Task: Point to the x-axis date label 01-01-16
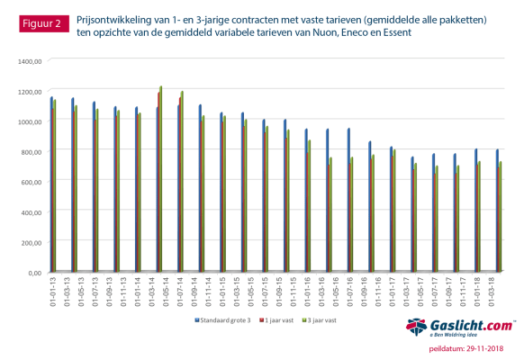tap(308, 291)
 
